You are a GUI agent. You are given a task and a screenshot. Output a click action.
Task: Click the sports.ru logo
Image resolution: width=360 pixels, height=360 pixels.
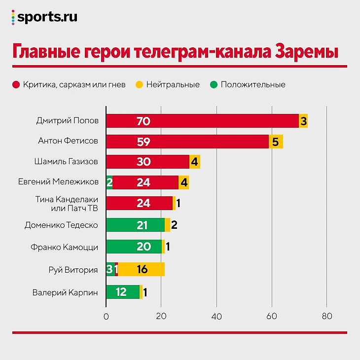[x=44, y=17]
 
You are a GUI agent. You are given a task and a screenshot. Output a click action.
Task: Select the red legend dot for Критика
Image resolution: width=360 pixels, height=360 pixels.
[x=16, y=84]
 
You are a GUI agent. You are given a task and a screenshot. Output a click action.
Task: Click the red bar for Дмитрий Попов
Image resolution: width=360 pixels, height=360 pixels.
[x=202, y=121]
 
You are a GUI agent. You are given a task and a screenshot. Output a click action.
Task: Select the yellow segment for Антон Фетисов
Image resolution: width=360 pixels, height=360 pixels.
[x=276, y=142]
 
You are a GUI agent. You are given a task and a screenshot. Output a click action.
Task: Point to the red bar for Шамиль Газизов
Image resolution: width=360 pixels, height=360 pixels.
[x=148, y=162]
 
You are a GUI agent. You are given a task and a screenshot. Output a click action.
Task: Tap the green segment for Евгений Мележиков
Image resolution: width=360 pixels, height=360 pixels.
[x=109, y=182]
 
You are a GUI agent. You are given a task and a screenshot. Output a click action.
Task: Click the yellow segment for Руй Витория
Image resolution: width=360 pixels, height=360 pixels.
[x=142, y=269]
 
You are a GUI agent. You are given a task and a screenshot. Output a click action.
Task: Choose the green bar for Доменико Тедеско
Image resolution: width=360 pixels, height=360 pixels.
[x=136, y=225]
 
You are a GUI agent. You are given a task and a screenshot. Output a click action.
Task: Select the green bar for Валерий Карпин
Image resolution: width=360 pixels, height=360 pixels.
[x=123, y=292]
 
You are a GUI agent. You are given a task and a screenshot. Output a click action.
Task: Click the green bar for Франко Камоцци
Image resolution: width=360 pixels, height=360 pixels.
[x=134, y=247]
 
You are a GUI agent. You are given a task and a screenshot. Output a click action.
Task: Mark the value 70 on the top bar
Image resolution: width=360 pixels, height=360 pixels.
[x=144, y=121]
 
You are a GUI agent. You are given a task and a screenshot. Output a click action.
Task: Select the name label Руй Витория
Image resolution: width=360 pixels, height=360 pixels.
[x=73, y=270]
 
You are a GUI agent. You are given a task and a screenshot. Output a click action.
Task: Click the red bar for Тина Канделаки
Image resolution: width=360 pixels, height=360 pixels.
[x=140, y=203]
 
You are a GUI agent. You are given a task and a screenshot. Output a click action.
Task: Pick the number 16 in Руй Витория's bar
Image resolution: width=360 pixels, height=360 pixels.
[x=142, y=269]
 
